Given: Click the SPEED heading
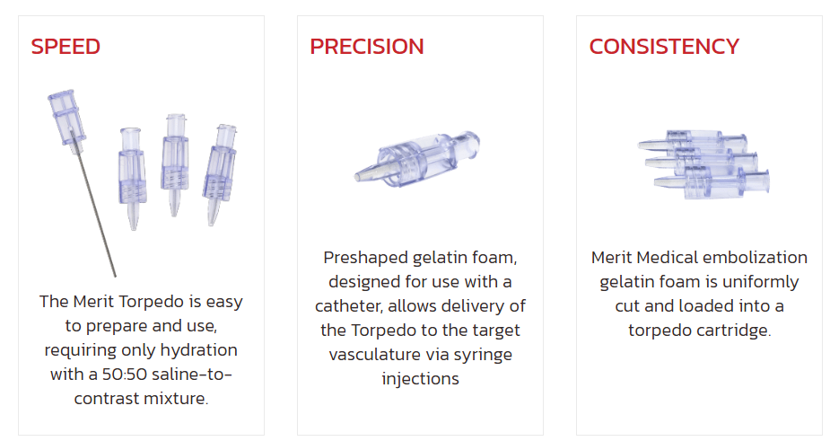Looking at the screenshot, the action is point(66,47).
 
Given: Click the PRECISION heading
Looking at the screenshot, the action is point(367,47).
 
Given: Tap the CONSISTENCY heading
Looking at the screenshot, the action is point(664,47).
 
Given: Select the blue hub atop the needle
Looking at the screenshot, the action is point(66,118).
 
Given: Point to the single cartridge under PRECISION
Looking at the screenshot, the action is point(417,159).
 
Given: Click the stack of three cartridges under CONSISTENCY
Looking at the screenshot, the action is point(703,163).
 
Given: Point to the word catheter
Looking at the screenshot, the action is point(348,306).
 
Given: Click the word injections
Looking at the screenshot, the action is point(420,379).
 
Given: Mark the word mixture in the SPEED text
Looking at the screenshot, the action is point(180,398).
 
